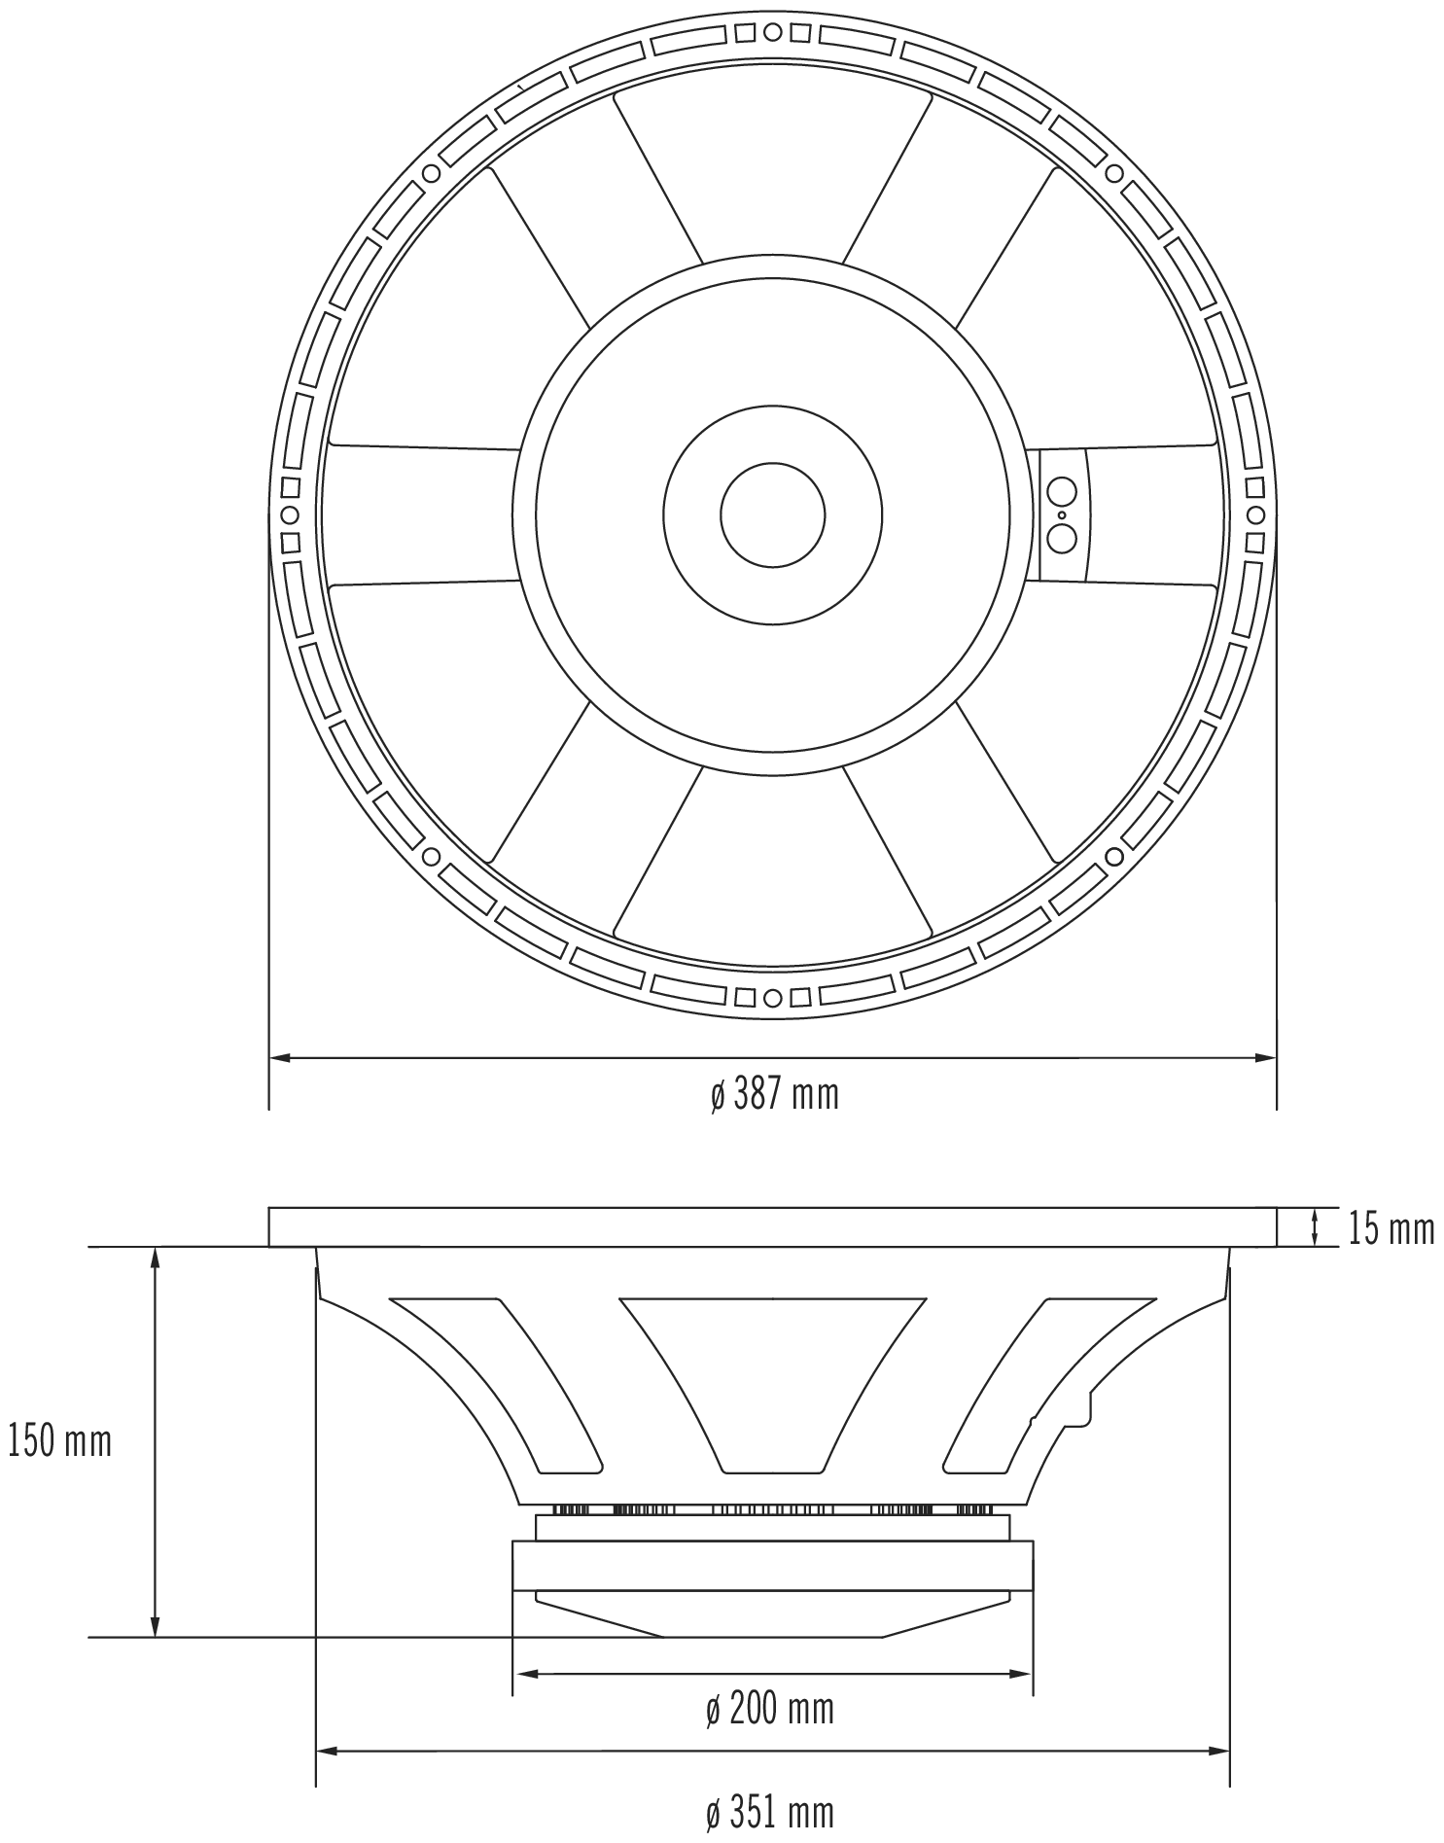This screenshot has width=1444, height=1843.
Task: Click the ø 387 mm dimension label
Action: (774, 1095)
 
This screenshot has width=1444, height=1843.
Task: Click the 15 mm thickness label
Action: (1391, 1229)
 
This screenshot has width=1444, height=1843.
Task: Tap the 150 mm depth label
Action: (60, 1441)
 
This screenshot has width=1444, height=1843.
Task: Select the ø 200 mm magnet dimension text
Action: (770, 1709)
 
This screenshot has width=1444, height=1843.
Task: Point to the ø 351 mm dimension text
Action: (770, 1813)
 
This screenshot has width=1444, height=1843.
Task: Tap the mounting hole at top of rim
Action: (772, 32)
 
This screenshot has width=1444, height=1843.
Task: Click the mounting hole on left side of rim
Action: (289, 514)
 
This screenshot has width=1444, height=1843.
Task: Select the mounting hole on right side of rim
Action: (1254, 514)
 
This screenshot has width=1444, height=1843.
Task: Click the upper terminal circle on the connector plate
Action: (1061, 491)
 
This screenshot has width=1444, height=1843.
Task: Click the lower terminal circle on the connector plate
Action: (1061, 537)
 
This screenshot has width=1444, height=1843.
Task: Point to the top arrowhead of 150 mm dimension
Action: (154, 1258)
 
